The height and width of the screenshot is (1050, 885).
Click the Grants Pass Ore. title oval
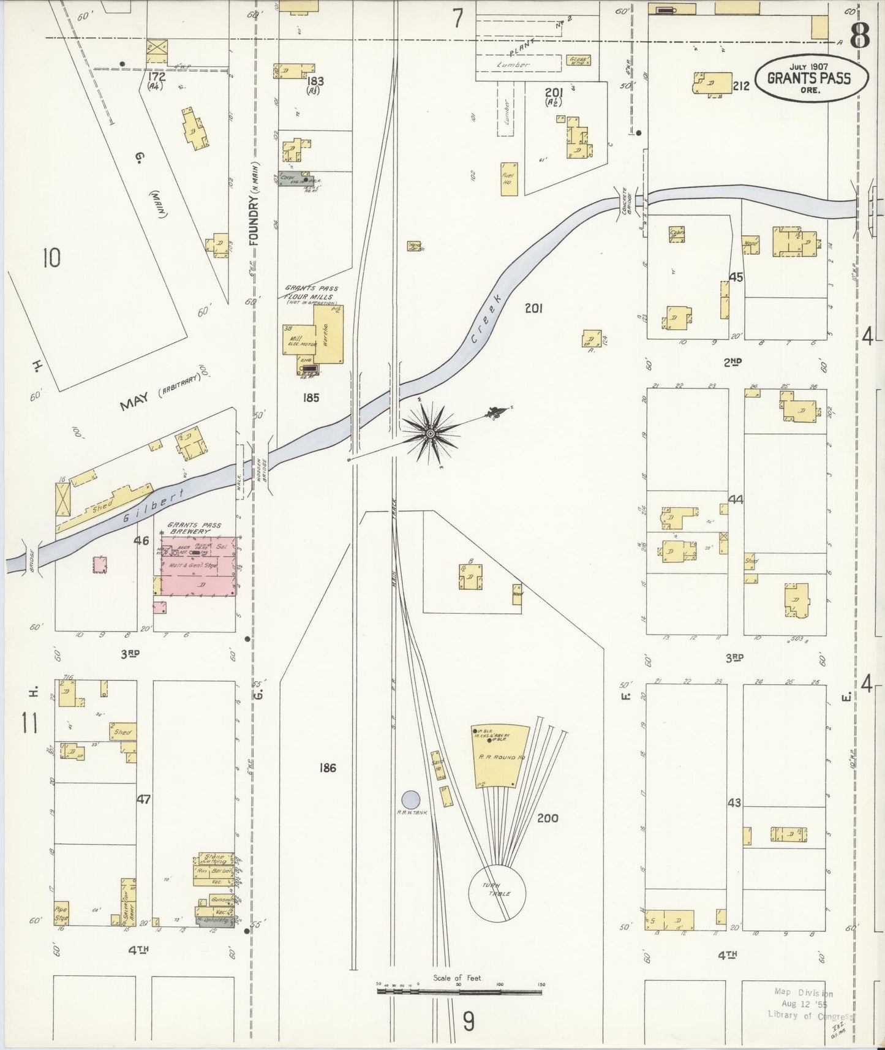tap(810, 78)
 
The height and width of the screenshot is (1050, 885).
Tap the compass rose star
tap(430, 433)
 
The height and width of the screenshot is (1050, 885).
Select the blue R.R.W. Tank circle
tap(410, 799)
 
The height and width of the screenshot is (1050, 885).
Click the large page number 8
tap(859, 36)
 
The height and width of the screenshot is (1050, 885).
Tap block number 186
tap(328, 768)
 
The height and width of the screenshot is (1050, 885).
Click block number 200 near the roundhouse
tap(547, 818)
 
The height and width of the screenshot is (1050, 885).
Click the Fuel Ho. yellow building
tap(508, 179)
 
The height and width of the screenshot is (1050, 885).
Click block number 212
tap(741, 86)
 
